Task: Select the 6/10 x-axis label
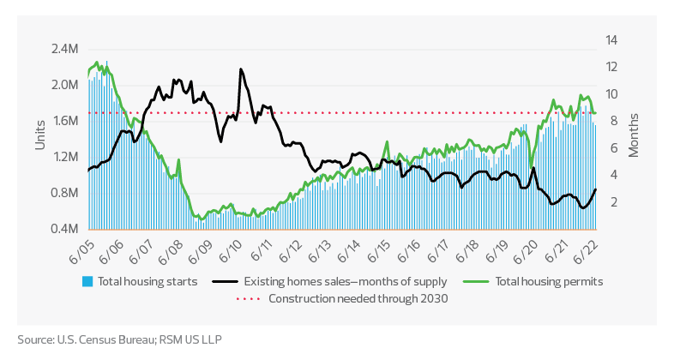(232, 255)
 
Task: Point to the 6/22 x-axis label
(587, 255)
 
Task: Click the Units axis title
(39, 133)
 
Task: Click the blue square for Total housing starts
(87, 281)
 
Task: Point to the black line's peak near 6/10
(241, 69)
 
